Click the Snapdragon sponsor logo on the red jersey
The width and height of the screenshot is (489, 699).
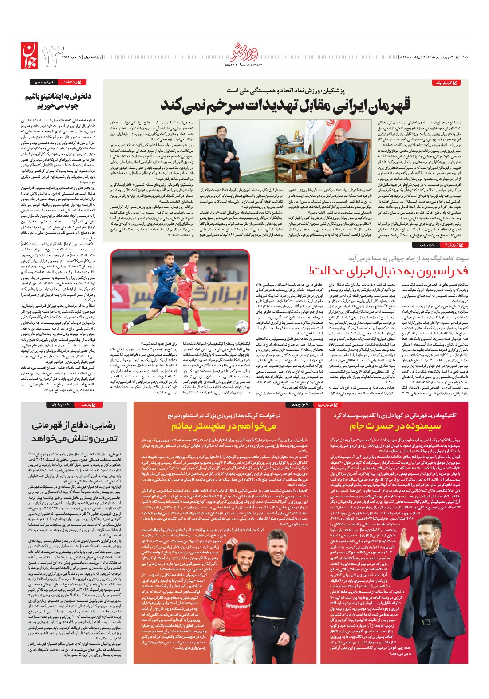(238, 605)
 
